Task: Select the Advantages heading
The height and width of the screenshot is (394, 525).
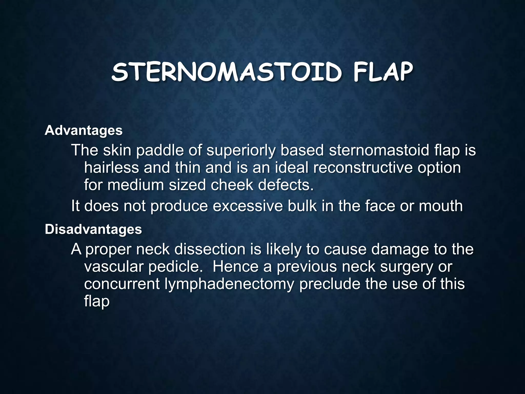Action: point(84,131)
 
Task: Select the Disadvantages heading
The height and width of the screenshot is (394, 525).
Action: point(93,229)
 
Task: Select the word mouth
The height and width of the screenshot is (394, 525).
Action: point(441,206)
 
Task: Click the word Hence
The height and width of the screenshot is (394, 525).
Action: point(236,267)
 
